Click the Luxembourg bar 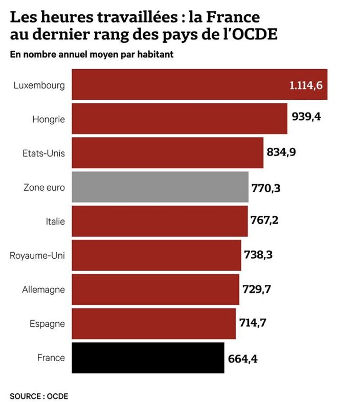(199, 84)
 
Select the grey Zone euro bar (160, 187)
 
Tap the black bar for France (148, 358)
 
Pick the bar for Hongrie (179, 119)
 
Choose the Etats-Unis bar (168, 153)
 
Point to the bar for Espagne (154, 324)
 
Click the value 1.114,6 (306, 85)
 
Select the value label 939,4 (306, 117)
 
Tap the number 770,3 (266, 188)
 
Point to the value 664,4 (242, 359)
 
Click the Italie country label (55, 221)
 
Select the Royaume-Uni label (37, 256)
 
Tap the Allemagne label (43, 289)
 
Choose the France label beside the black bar (51, 358)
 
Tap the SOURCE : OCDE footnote (39, 396)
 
